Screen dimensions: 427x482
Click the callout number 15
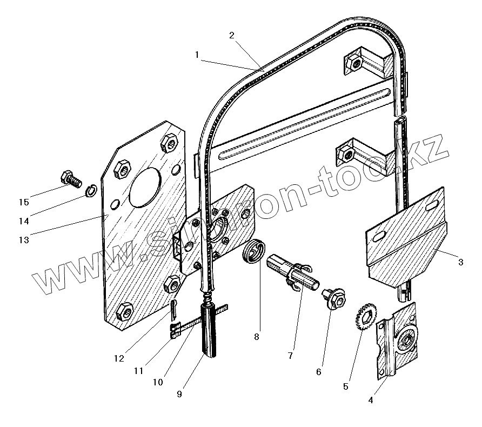pos(23,203)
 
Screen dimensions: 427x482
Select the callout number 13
pos(23,239)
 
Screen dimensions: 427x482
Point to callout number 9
pos(179,394)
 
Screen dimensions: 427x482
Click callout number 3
pos(460,263)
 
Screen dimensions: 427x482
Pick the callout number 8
pos(256,337)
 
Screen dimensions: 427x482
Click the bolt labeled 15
pos(70,178)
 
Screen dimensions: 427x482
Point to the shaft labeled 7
pos(290,271)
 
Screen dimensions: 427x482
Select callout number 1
pos(197,55)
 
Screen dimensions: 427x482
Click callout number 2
pos(231,36)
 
